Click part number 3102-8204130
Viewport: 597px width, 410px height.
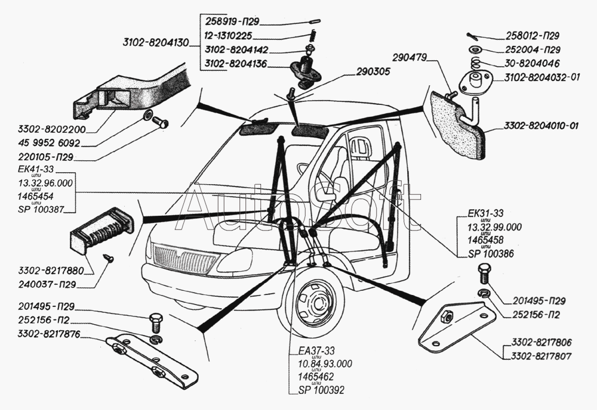click(x=155, y=43)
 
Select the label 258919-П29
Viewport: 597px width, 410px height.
click(x=229, y=20)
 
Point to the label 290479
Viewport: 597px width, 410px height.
click(x=412, y=58)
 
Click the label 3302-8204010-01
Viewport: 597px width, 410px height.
click(x=541, y=126)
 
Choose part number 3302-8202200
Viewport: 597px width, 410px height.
click(x=52, y=129)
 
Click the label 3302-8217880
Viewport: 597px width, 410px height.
click(x=52, y=271)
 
